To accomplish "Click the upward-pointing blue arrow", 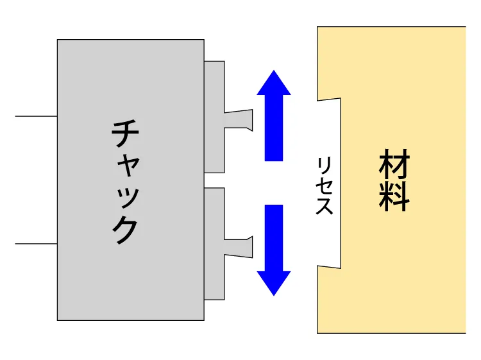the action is pos(274,116).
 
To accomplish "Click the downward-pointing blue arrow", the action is pos(274,250).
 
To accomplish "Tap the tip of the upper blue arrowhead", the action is pos(274,71).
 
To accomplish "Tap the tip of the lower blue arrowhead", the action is pos(274,296).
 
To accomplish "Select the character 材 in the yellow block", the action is pos(394,164).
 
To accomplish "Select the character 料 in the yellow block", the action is pos(394,196).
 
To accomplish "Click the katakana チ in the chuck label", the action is pos(125,133).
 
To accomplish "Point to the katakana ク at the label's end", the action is pos(125,230).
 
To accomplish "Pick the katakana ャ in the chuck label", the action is pos(128,166).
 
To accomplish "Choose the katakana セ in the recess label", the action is pos(325,185).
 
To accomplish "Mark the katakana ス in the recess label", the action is pos(325,205).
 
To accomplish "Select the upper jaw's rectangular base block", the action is pos(214,117).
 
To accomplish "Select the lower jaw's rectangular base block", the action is pos(214,244).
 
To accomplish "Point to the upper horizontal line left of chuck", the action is pos(36,116).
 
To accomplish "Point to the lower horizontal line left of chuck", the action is pos(36,244).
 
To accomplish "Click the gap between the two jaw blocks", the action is pos(214,180).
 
